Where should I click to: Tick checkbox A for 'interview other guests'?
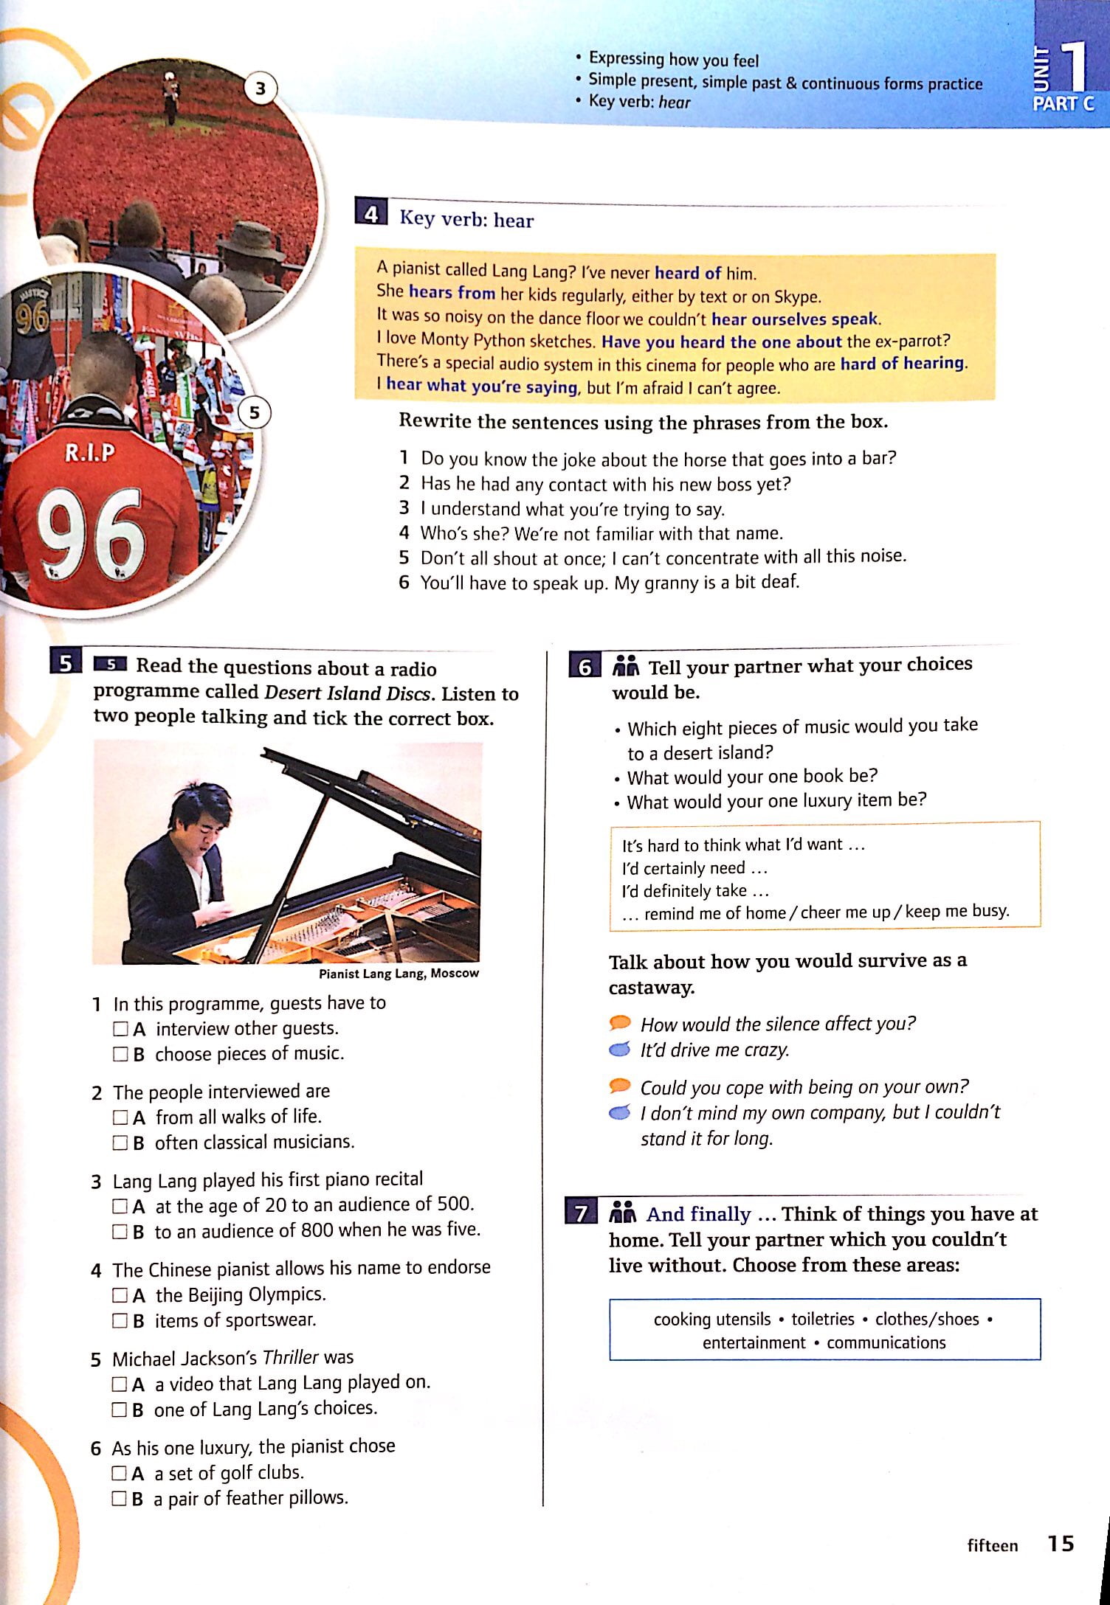[x=120, y=1029]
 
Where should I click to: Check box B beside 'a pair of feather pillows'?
[x=119, y=1498]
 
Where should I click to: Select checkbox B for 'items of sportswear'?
[x=120, y=1320]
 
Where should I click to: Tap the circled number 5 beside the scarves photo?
[x=255, y=413]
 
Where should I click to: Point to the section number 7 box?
[x=582, y=1213]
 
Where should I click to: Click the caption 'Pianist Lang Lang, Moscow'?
[x=399, y=974]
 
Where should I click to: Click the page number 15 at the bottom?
[x=1061, y=1543]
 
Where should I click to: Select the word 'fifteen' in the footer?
[x=993, y=1545]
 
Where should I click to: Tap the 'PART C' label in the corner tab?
[x=1063, y=104]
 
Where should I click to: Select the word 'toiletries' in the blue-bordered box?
[x=823, y=1319]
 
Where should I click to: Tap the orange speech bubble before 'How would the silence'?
[x=620, y=1022]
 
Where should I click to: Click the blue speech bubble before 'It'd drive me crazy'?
[x=620, y=1049]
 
